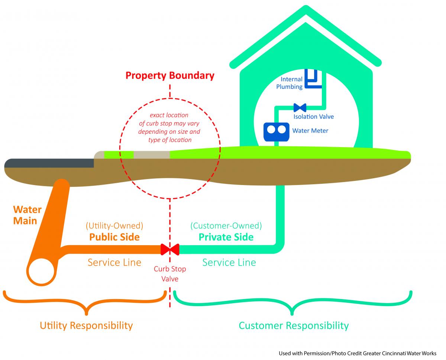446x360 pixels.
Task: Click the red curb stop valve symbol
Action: pos(170,249)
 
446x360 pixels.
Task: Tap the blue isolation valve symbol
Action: pos(300,108)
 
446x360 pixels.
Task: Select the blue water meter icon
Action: pos(276,132)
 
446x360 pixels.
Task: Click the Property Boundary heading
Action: pos(170,76)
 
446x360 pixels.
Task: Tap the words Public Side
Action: pos(114,237)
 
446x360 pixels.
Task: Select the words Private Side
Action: pos(226,237)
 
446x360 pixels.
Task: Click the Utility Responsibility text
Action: pos(86,326)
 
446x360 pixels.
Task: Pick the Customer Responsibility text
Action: pos(294,326)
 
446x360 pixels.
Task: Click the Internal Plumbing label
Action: pos(291,83)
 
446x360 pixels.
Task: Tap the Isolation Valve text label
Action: pos(313,117)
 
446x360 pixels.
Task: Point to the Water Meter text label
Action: pos(310,131)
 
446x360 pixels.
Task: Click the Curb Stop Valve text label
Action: pos(170,274)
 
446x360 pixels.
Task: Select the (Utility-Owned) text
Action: pos(114,226)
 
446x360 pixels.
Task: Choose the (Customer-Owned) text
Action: pos(226,226)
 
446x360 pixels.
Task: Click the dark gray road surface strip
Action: pos(48,163)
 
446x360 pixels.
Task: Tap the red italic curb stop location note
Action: pos(169,127)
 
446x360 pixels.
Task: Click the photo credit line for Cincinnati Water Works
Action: pos(358,353)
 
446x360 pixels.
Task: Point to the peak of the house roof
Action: pos(306,8)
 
